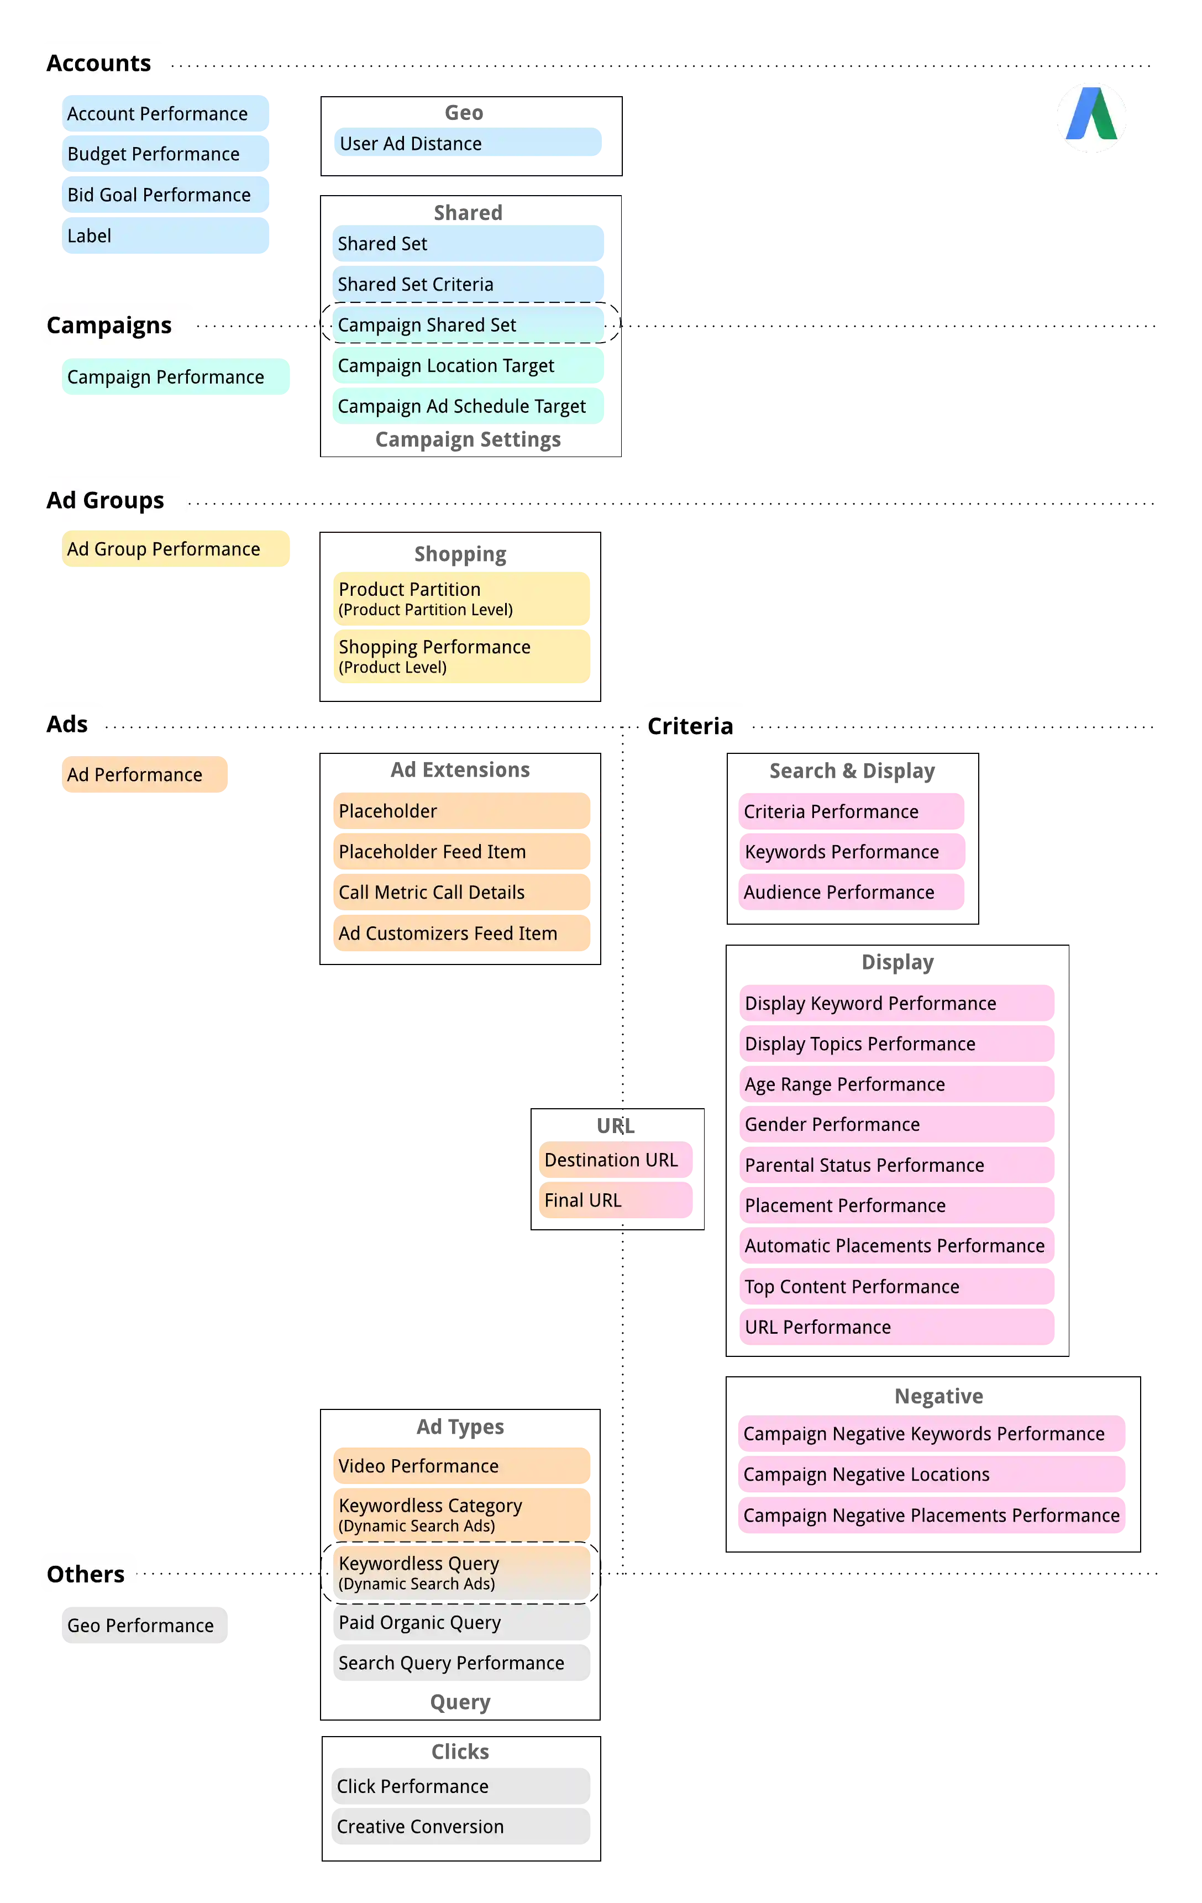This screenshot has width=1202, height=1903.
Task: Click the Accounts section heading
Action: point(99,63)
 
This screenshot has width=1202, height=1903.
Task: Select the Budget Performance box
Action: point(190,154)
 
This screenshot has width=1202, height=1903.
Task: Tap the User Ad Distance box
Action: point(474,144)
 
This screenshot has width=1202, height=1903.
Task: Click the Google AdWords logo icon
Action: point(1091,117)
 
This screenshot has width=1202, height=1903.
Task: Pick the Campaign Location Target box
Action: point(474,366)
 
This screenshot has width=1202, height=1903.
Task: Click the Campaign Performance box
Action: point(190,377)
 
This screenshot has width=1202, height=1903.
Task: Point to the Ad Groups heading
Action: point(105,500)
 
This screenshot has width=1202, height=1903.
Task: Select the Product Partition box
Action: point(464,598)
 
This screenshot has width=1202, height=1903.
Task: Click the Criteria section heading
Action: point(690,726)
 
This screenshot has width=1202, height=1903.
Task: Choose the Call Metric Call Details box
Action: point(464,892)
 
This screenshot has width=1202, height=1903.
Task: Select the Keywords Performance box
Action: point(857,852)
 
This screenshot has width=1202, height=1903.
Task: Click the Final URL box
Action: point(620,1200)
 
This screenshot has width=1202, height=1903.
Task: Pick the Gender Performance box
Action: point(901,1125)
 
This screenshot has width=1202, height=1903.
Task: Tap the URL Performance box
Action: point(901,1327)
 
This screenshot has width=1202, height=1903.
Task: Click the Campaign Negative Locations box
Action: point(936,1475)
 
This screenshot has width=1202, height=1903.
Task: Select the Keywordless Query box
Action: point(464,1572)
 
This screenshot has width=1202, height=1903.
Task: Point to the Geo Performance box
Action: point(190,1626)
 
